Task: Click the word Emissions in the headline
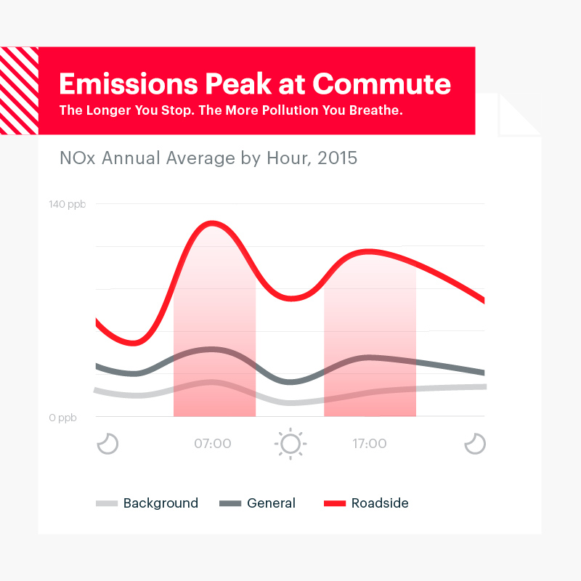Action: pos(129,84)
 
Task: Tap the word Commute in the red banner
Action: pos(382,84)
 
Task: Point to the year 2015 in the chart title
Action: pos(337,158)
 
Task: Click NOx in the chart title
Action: pos(78,158)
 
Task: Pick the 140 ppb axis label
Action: pos(67,204)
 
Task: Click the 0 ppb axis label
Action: pos(62,418)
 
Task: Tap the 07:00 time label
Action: pos(213,443)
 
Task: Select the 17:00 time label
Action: pos(370,443)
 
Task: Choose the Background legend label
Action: pos(161,503)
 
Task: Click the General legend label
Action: pos(271,503)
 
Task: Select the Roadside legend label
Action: pos(380,503)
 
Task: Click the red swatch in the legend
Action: pos(335,503)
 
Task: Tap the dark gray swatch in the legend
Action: pos(230,503)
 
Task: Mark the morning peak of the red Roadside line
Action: pos(212,223)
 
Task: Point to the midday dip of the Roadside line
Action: pos(292,298)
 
